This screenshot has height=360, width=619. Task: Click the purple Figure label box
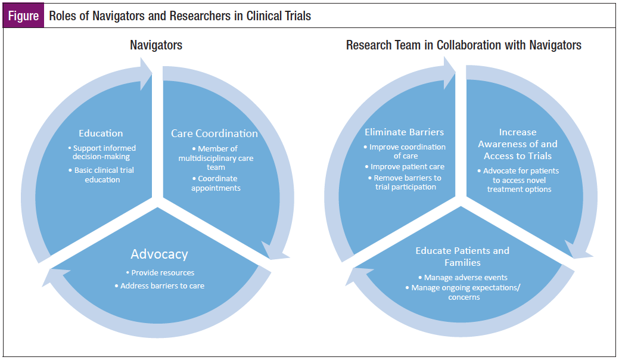[x=23, y=16]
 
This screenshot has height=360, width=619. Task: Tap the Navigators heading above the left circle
[x=156, y=45]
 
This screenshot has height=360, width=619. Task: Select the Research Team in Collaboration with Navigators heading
[x=464, y=45]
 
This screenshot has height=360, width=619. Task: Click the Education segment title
[x=101, y=134]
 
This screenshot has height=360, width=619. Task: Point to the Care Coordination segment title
[x=214, y=134]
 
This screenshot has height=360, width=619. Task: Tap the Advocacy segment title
[x=160, y=255]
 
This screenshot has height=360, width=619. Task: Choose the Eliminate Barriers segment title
[x=405, y=132]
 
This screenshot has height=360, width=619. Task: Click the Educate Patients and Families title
[x=462, y=256]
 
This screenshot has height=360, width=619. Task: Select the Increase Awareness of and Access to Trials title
[x=518, y=144]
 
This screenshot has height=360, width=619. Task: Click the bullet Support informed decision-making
[x=101, y=153]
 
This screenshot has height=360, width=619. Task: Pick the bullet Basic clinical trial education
[x=102, y=175]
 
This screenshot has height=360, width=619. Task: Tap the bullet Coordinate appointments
[x=216, y=183]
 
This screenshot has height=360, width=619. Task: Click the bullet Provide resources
[x=160, y=273]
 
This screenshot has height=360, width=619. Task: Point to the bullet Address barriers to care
[x=160, y=285]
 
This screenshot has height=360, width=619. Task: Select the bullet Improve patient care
[x=405, y=167]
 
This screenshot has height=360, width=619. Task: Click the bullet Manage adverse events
[x=463, y=278]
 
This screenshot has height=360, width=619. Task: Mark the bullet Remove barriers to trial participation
[x=405, y=182]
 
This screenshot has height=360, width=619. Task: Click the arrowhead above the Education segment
[x=146, y=74]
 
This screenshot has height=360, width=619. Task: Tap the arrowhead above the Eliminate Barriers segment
[x=449, y=73]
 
